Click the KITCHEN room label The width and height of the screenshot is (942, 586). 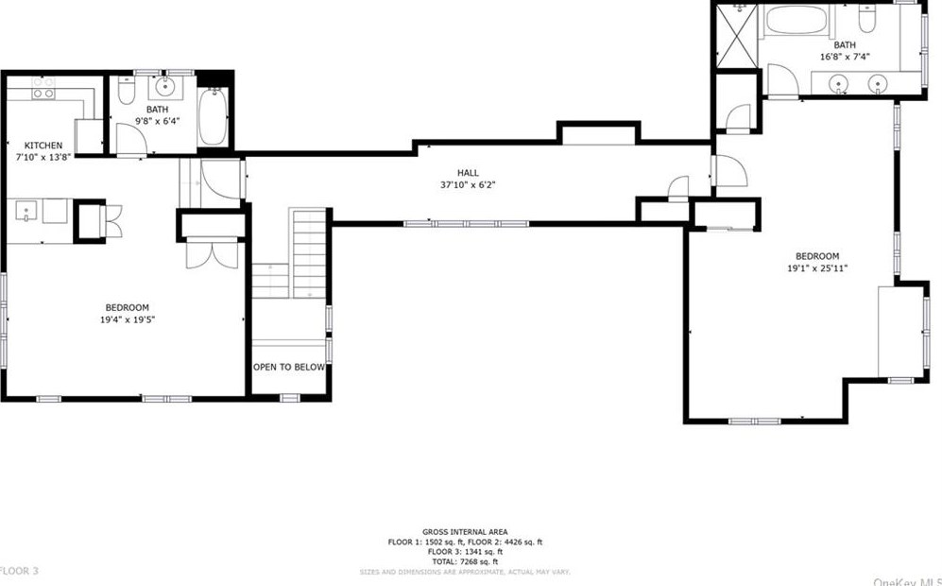43,146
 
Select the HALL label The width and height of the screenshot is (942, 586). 468,173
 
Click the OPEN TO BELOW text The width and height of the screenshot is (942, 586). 288,367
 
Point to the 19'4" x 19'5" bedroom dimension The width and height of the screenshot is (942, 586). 127,320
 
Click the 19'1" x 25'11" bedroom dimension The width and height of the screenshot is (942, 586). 816,268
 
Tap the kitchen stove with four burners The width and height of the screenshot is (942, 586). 43,88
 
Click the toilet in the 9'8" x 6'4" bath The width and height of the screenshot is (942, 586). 129,91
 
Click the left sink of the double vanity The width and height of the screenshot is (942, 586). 839,86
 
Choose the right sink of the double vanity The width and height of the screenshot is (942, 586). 878,86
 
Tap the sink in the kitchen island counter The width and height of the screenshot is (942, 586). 25,211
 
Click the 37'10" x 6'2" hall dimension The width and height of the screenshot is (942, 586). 468,185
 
